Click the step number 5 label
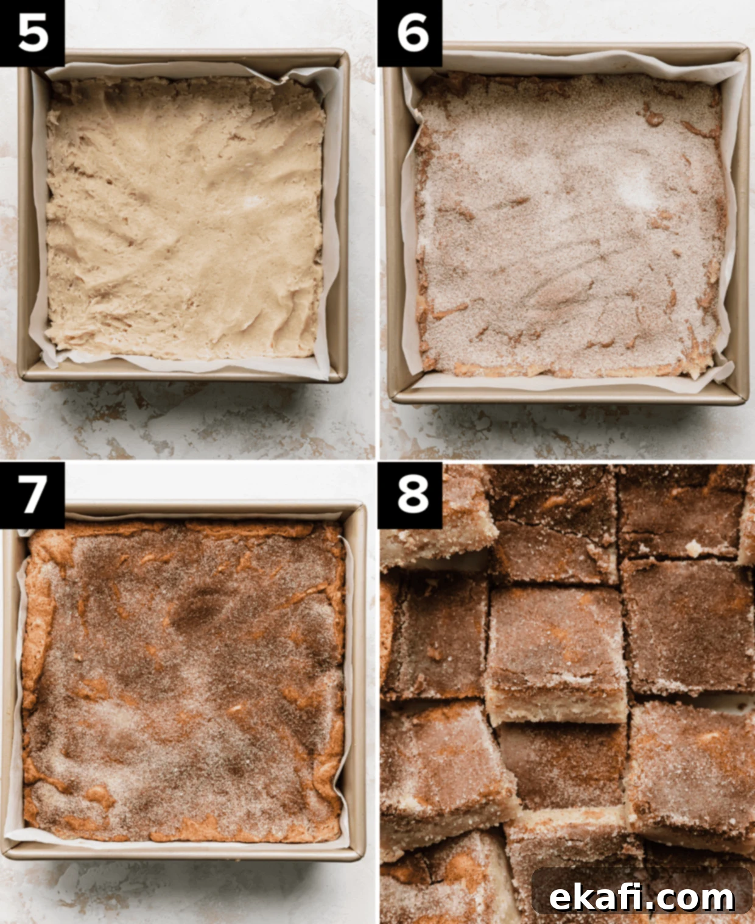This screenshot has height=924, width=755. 33,34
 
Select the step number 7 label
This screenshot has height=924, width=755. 32,495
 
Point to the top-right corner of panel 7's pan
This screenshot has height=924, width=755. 362,506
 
